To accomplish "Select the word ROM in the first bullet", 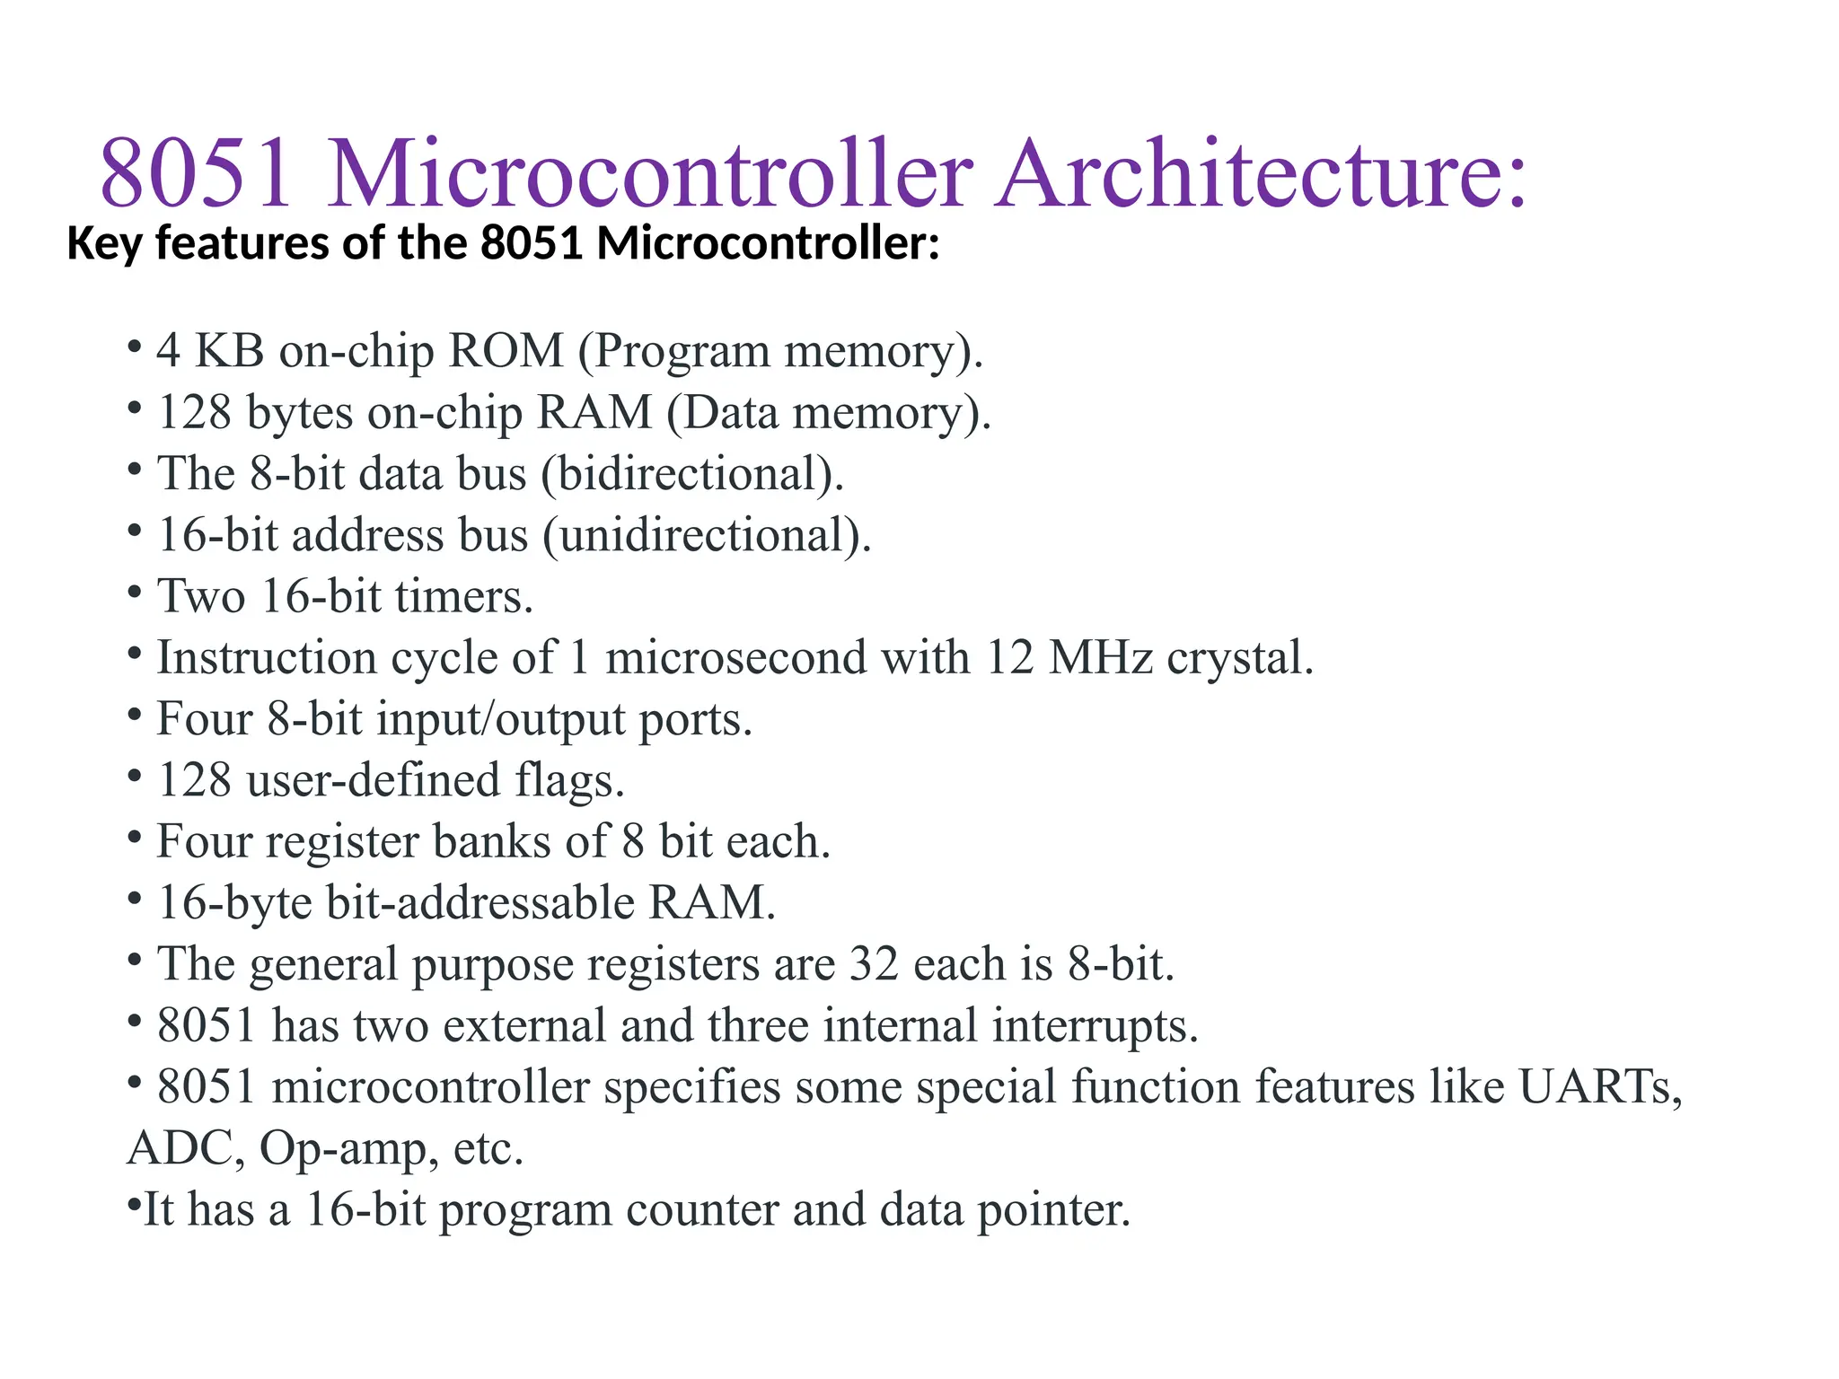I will (506, 350).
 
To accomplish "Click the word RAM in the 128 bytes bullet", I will (594, 412).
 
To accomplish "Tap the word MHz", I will (1100, 657).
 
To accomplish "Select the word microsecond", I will (735, 657).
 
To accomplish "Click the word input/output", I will (500, 719).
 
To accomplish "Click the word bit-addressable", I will (480, 902).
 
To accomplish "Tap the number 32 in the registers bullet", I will (874, 963).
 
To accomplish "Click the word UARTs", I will (1599, 1086).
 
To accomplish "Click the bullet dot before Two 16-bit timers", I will (135, 592).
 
